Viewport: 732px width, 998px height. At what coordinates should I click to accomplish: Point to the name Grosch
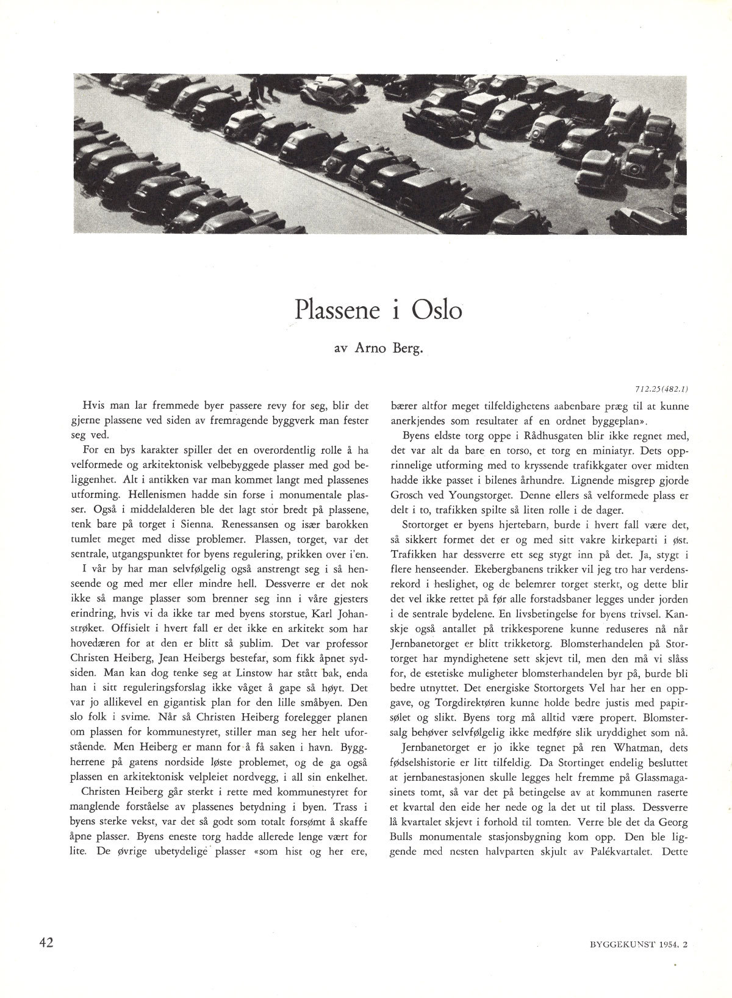[409, 495]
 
